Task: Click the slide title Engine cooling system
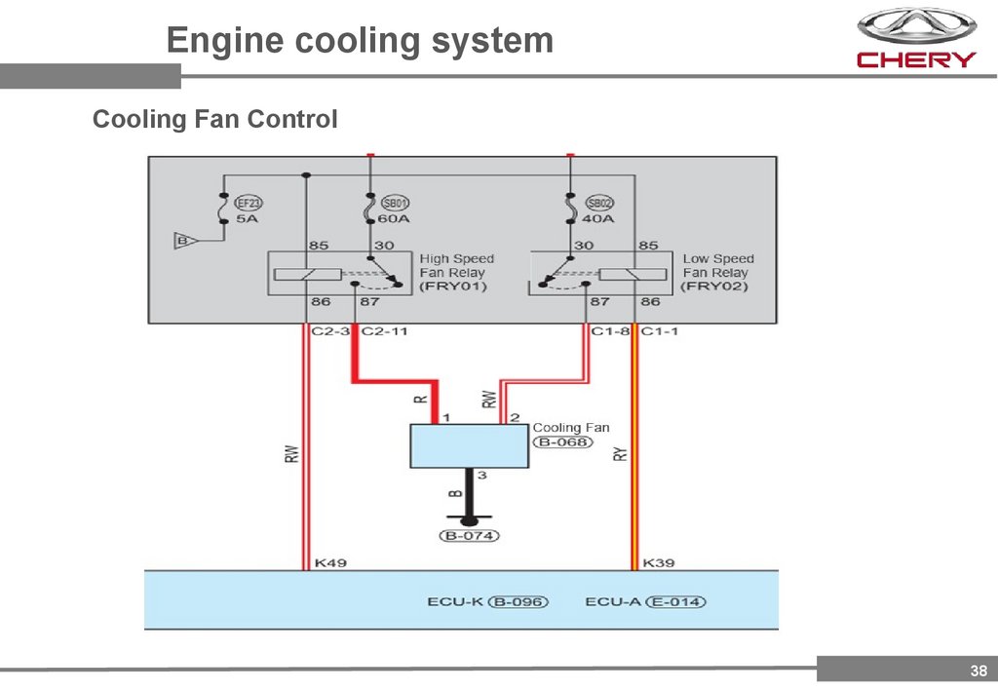tap(360, 41)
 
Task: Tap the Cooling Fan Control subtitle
tap(214, 120)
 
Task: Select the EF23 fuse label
tap(249, 203)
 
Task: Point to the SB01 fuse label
tap(394, 203)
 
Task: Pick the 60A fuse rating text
tap(394, 218)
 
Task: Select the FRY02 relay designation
tap(715, 288)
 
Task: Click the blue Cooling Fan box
tap(469, 446)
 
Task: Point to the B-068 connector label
tap(561, 441)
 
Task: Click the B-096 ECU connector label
tap(518, 602)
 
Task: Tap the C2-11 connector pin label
tap(384, 331)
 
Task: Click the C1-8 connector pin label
tap(610, 331)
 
